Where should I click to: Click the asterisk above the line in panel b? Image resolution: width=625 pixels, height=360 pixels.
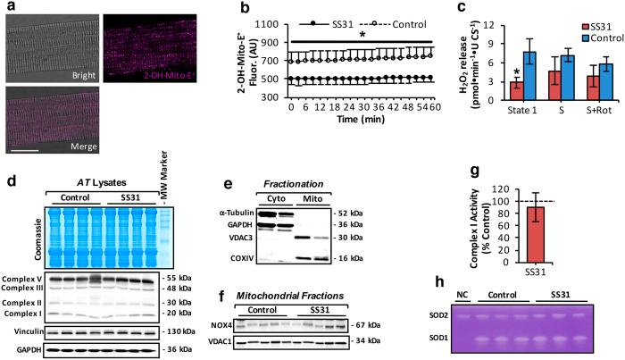361,34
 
